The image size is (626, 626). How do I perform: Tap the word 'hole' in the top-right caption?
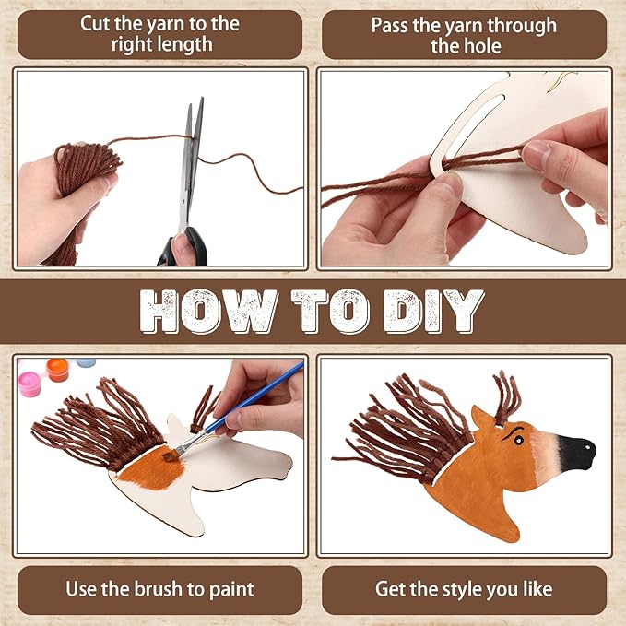click(x=482, y=46)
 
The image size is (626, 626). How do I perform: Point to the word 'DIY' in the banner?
click(x=434, y=312)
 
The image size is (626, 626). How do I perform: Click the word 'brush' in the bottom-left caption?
click(x=159, y=589)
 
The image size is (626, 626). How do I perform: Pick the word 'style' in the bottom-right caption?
click(x=461, y=589)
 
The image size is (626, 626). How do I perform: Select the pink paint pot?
click(x=30, y=384)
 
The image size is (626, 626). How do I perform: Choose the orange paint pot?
click(x=58, y=370)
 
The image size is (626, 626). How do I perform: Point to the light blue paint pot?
click(x=86, y=362)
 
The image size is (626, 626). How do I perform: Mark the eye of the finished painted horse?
click(x=518, y=440)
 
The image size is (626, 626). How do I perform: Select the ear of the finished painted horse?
click(x=482, y=418)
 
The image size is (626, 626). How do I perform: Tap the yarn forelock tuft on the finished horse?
click(x=506, y=397)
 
